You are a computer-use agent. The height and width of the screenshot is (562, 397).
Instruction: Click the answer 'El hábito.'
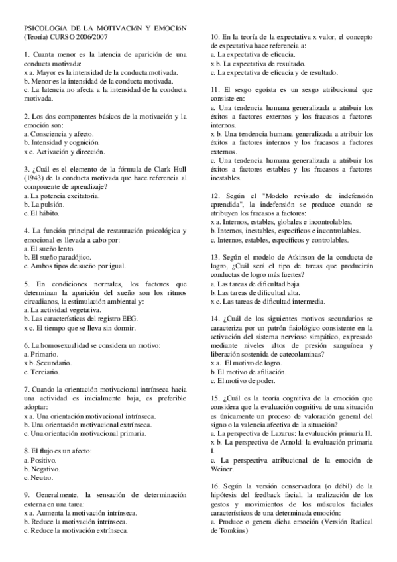(44, 213)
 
